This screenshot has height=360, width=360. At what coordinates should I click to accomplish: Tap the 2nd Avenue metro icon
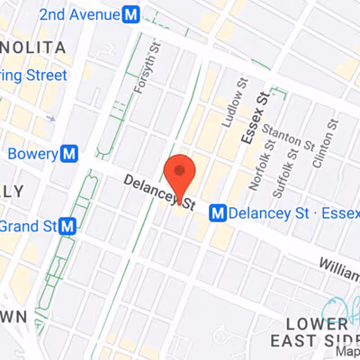pyautogui.click(x=131, y=14)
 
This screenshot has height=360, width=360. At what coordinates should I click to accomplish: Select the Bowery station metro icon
pyautogui.click(x=68, y=153)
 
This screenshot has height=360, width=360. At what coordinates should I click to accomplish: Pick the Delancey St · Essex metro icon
pyautogui.click(x=217, y=213)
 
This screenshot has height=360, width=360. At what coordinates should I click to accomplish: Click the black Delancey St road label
pyautogui.click(x=159, y=193)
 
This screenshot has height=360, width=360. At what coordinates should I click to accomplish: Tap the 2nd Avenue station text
pyautogui.click(x=78, y=14)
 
